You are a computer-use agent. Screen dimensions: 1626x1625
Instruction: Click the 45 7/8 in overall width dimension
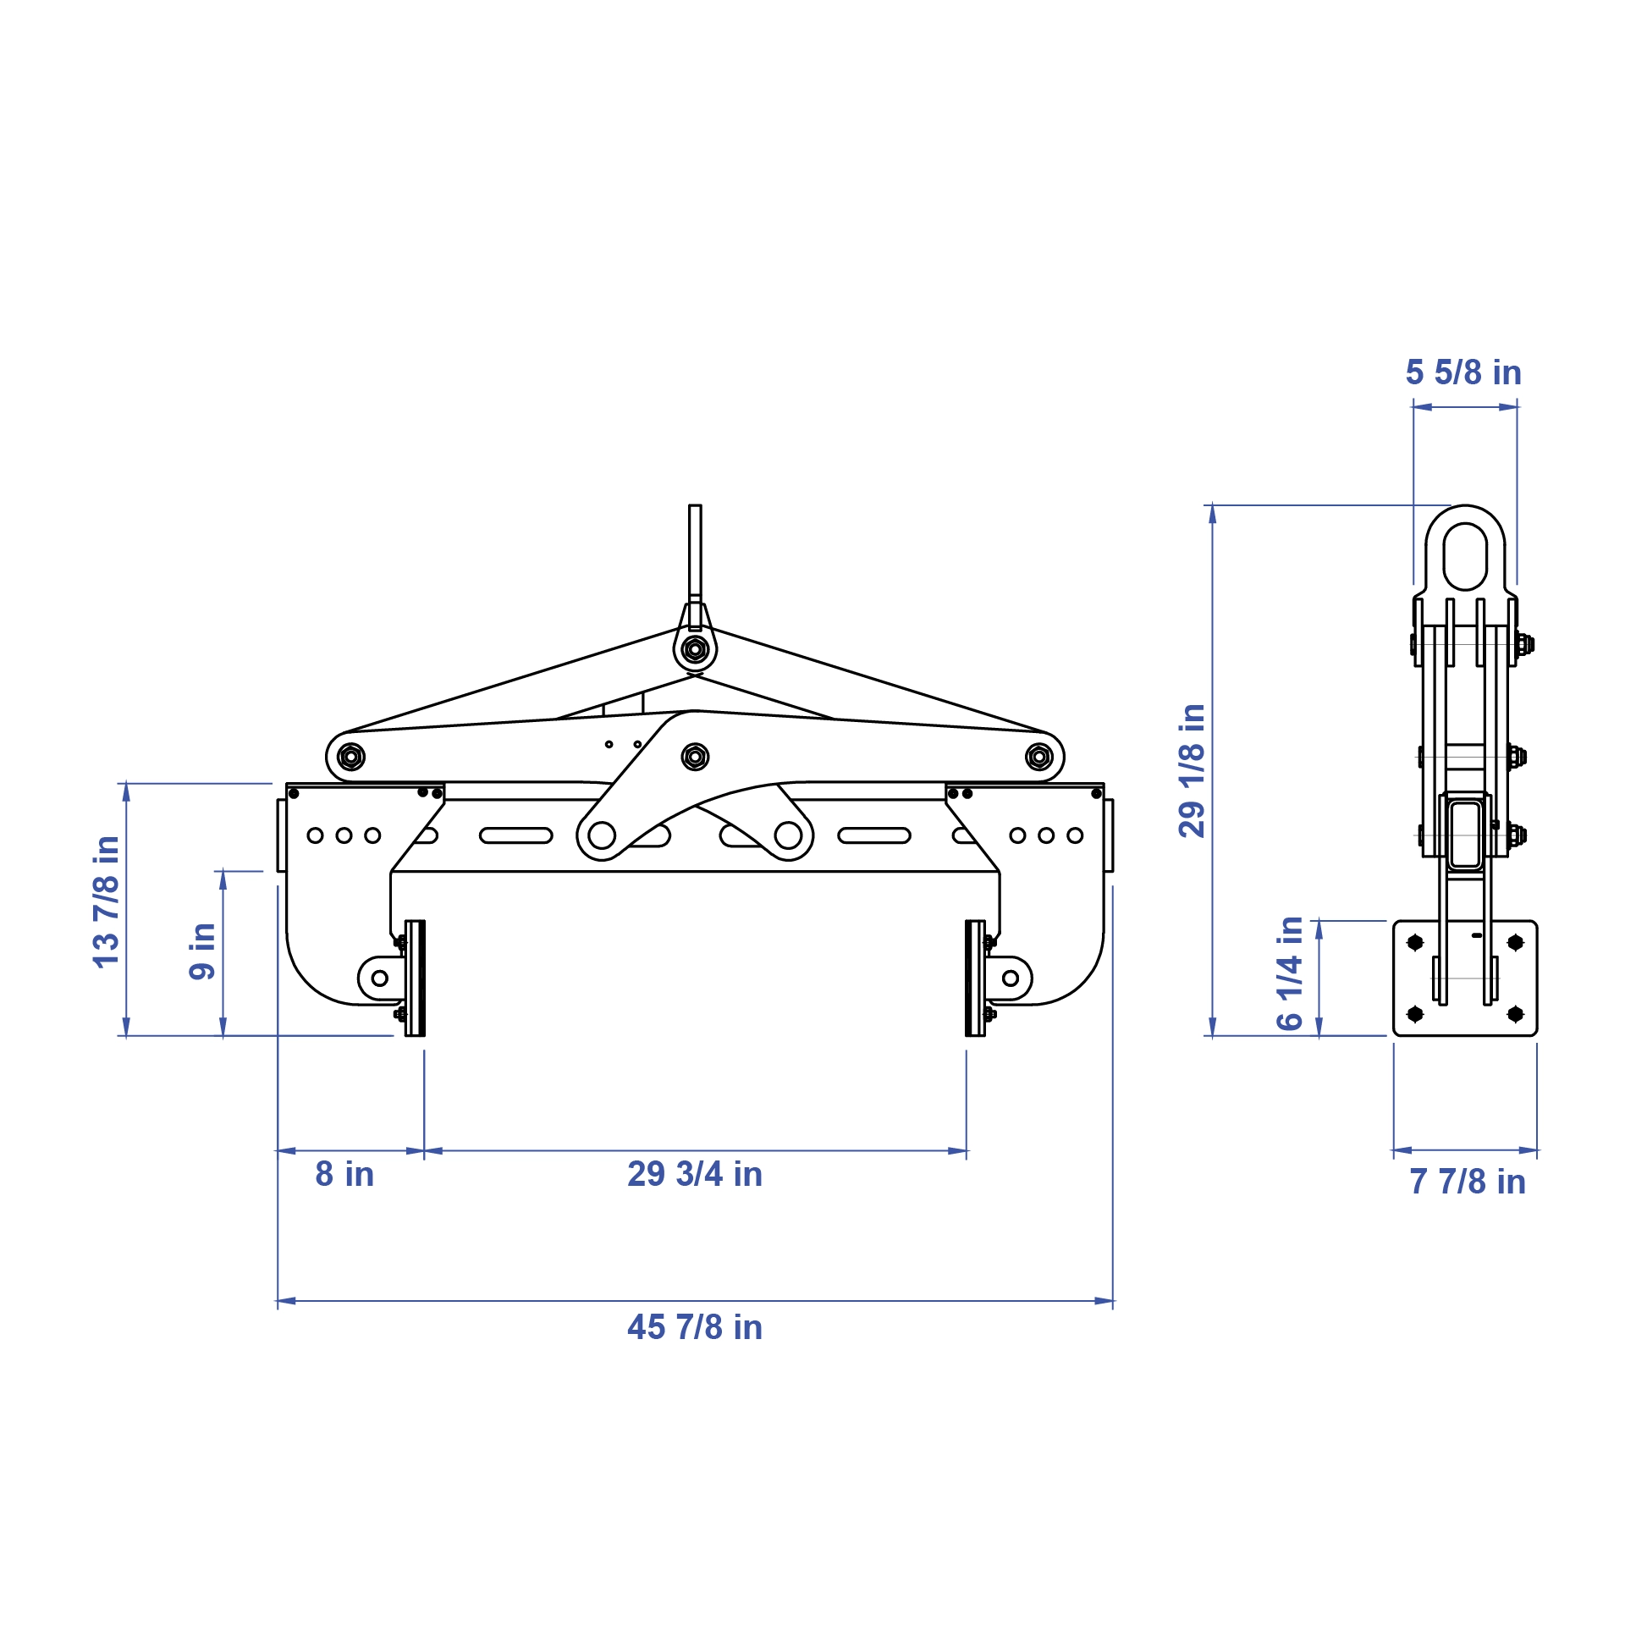click(x=695, y=1327)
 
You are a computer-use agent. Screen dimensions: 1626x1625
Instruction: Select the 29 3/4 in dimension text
click(x=695, y=1174)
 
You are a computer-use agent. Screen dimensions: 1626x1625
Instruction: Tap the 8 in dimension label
click(x=344, y=1174)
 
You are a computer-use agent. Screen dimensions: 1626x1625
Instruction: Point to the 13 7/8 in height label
click(x=107, y=901)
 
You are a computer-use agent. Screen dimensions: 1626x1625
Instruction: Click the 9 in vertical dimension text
click(x=202, y=951)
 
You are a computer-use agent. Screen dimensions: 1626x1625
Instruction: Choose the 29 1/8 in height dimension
click(x=1192, y=770)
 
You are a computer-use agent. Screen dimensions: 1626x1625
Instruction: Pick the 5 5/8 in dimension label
click(x=1463, y=372)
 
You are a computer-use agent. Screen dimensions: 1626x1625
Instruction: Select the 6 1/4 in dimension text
click(x=1290, y=973)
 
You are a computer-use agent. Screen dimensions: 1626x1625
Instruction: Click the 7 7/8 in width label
click(x=1468, y=1182)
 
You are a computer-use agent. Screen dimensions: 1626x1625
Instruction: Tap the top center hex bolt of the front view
click(x=695, y=650)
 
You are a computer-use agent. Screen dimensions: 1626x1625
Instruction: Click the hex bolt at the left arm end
click(x=351, y=756)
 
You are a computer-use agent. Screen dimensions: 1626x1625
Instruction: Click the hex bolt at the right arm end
click(x=1039, y=756)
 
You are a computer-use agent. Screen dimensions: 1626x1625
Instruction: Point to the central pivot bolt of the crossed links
click(x=695, y=756)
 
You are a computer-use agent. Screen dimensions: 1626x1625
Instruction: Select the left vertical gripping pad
click(x=415, y=978)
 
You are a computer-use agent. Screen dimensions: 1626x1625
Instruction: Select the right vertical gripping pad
click(x=975, y=978)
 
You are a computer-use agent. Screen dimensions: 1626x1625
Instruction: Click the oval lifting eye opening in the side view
click(x=1465, y=556)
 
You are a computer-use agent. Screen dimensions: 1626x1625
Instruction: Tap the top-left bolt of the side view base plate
click(x=1415, y=942)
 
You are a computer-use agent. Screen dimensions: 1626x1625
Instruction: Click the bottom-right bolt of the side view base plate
click(x=1516, y=1013)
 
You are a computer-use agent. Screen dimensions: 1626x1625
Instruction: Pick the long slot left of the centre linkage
click(x=516, y=835)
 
